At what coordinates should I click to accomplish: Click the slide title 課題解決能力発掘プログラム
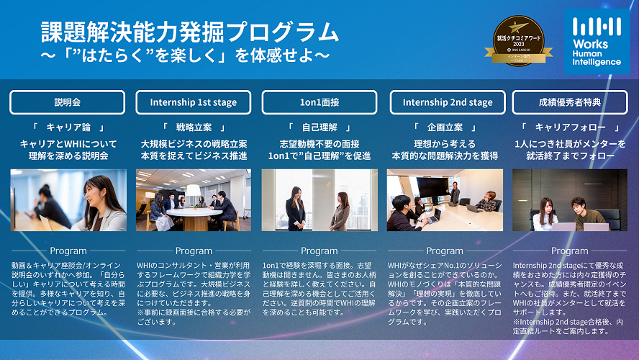[x=189, y=32]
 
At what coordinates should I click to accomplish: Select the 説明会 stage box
[x=68, y=102]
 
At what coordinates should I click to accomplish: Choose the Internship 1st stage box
[x=193, y=102]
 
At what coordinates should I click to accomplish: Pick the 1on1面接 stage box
[x=319, y=102]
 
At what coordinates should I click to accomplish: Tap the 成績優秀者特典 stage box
[x=569, y=102]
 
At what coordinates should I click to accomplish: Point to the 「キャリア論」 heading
[x=68, y=127]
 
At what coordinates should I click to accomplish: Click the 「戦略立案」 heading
[x=193, y=127]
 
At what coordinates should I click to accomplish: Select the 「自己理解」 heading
[x=319, y=127]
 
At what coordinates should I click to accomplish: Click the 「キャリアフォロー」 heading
[x=569, y=127]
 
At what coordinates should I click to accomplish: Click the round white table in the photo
[x=194, y=213]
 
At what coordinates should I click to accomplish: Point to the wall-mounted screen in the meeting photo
[x=431, y=186]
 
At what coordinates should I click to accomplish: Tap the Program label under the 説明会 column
[x=68, y=251]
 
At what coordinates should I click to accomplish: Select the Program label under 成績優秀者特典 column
[x=569, y=251]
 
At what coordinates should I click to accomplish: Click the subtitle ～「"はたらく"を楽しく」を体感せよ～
[x=185, y=55]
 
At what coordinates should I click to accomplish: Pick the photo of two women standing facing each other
[x=319, y=200]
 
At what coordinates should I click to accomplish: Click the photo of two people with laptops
[x=569, y=200]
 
